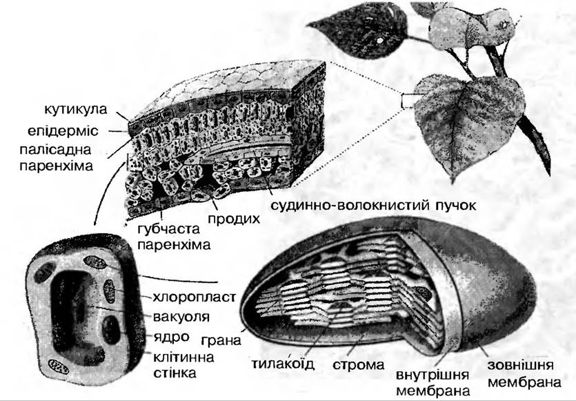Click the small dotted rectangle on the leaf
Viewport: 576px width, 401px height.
pos(407,100)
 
